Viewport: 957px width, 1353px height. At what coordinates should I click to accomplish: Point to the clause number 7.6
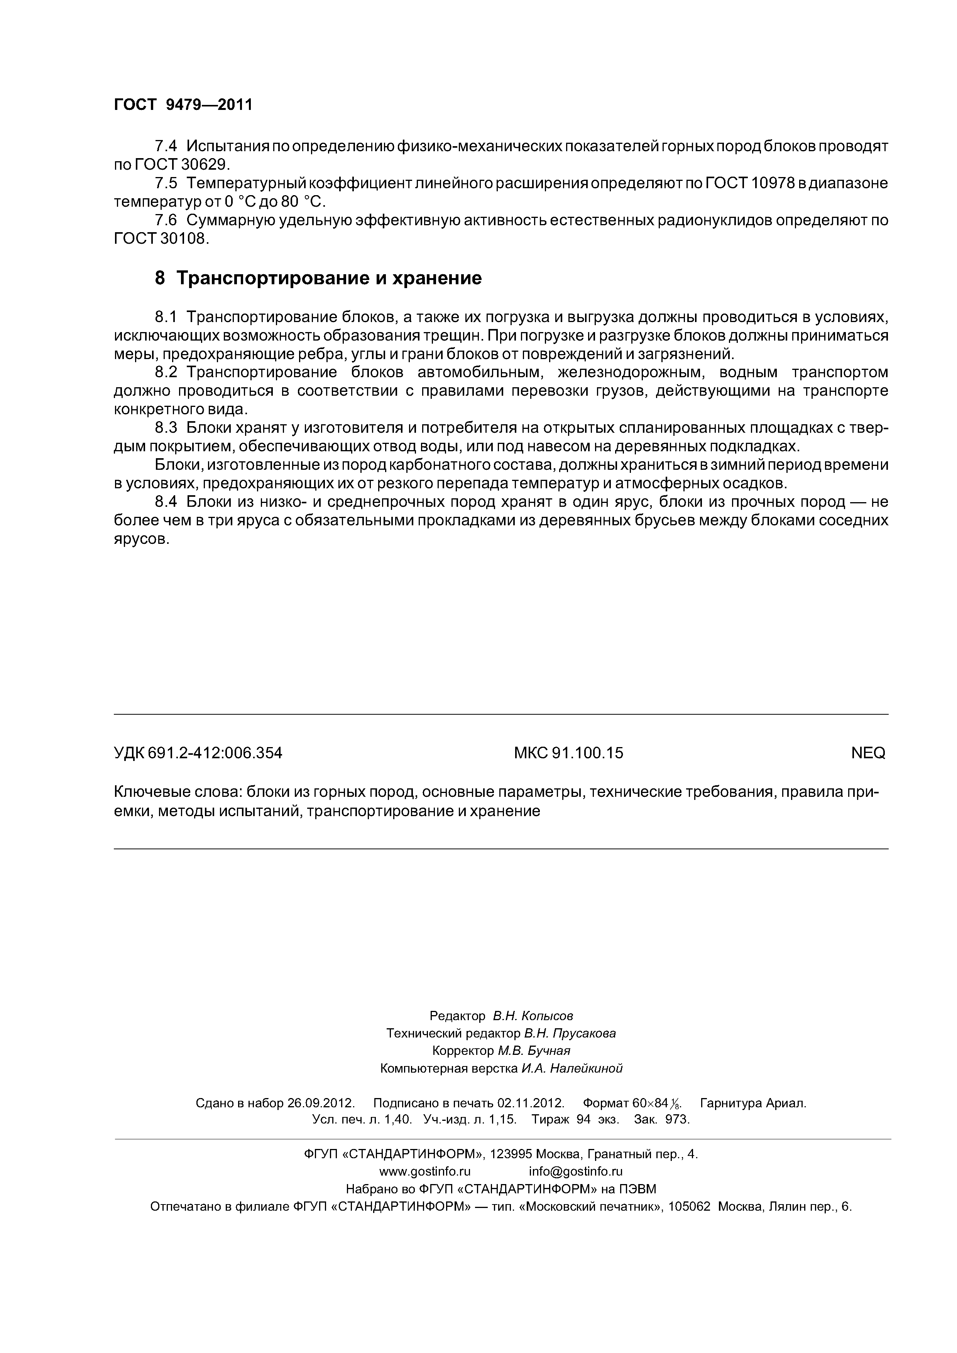click(x=165, y=220)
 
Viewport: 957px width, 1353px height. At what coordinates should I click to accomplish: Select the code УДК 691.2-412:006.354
click(x=198, y=753)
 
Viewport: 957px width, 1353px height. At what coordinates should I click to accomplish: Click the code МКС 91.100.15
click(x=568, y=753)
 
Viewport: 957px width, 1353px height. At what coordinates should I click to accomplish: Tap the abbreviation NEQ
click(x=868, y=753)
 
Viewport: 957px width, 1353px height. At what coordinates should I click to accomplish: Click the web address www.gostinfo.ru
click(x=424, y=1171)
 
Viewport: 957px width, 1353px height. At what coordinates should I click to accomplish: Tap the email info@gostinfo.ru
click(x=575, y=1171)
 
